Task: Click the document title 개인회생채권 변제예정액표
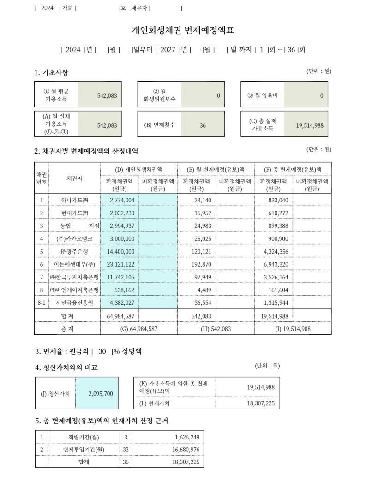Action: coord(183,30)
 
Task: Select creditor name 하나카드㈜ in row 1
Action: coord(74,200)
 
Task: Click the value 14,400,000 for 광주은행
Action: coord(120,251)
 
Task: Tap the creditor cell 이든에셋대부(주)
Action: coord(74,264)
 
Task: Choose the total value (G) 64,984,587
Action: coord(138,329)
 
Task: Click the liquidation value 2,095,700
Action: coord(100,394)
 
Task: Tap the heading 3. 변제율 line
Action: coord(88,351)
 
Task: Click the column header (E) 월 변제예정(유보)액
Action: coord(216,169)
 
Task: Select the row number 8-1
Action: coord(41,302)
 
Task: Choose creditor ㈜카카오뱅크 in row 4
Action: coord(74,238)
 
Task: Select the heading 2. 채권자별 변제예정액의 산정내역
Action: coord(86,151)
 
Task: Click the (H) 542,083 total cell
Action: coord(216,329)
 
